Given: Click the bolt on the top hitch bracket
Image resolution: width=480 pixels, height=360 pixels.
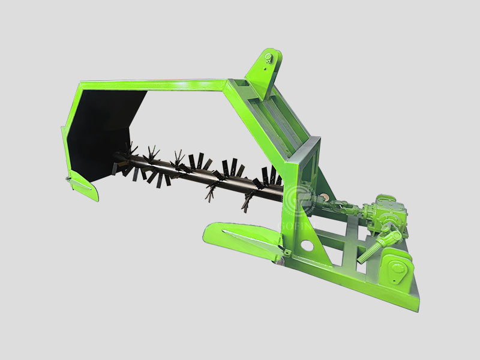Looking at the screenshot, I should pos(268,59).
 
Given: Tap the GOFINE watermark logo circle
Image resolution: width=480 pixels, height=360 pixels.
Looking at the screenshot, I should pos(300,201).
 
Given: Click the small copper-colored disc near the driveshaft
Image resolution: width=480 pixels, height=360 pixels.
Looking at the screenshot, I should pos(325,198).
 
